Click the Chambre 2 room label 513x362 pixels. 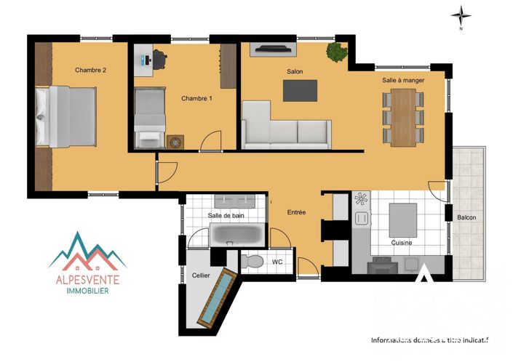[x=91, y=71]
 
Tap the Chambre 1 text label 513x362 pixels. [x=196, y=98]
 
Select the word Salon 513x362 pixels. [x=295, y=71]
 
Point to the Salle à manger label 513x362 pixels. [x=403, y=81]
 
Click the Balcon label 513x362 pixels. [x=466, y=217]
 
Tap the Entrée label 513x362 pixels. [x=296, y=212]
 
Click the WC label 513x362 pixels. [x=277, y=261]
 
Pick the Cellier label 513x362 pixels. [x=201, y=276]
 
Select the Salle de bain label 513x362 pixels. [x=225, y=216]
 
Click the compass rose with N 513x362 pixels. [x=460, y=15]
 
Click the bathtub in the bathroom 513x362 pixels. [x=238, y=235]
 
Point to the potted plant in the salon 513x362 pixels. [x=336, y=51]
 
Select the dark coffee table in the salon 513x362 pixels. [x=301, y=89]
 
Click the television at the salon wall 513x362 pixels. [x=273, y=49]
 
